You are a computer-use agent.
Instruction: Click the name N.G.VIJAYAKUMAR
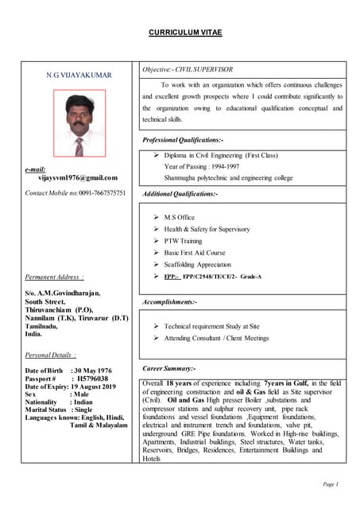[x=79, y=75]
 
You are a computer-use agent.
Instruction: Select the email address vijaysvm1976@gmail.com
[x=77, y=178]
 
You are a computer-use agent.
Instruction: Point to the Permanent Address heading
[x=53, y=277]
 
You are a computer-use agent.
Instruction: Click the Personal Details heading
[x=51, y=355]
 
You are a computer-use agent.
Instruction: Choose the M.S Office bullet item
[x=179, y=216]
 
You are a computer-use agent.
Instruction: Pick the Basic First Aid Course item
[x=194, y=252]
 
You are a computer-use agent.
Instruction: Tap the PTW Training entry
[x=183, y=240]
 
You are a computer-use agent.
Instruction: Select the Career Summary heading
[x=168, y=369]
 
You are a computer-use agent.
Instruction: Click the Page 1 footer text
[x=331, y=484]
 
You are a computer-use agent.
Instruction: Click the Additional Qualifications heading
[x=180, y=193]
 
